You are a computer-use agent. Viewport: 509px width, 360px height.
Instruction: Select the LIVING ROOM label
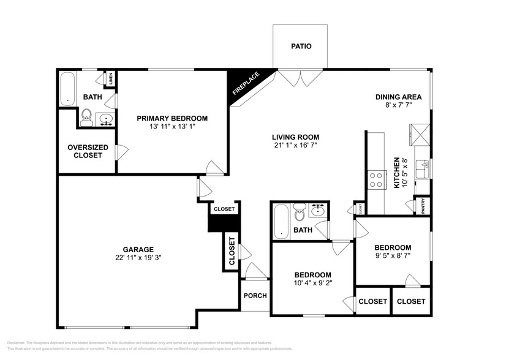[x=296, y=137]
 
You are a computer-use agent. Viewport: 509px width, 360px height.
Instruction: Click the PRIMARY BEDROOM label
[x=172, y=118]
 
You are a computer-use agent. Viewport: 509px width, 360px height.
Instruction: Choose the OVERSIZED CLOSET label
[x=88, y=151]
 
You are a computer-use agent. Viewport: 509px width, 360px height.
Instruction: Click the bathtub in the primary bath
[x=67, y=88]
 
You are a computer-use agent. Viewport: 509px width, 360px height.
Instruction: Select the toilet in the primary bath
[x=87, y=116]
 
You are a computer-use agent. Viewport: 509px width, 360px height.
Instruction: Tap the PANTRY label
[x=423, y=206]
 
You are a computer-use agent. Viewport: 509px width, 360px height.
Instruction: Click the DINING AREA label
[x=399, y=97]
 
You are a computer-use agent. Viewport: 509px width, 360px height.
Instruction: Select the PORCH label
[x=255, y=296]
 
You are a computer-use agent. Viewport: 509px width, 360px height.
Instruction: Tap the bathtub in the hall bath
[x=281, y=221]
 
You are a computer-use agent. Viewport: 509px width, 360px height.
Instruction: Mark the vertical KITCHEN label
[x=397, y=171]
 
